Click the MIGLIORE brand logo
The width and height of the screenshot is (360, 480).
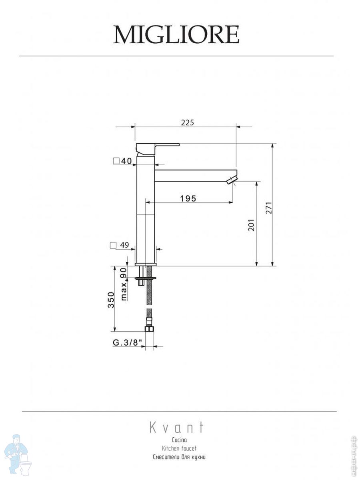176,35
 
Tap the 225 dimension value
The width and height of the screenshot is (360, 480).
188,123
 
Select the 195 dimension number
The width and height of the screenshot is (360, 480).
188,198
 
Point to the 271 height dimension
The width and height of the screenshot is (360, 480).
269,208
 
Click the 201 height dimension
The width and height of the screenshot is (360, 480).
251,225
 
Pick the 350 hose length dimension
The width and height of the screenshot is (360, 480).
111,300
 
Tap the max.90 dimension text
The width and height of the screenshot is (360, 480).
124,284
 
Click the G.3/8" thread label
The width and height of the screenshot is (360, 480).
126,343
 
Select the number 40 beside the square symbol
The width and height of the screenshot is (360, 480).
126,161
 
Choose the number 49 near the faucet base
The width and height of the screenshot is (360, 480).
124,245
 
